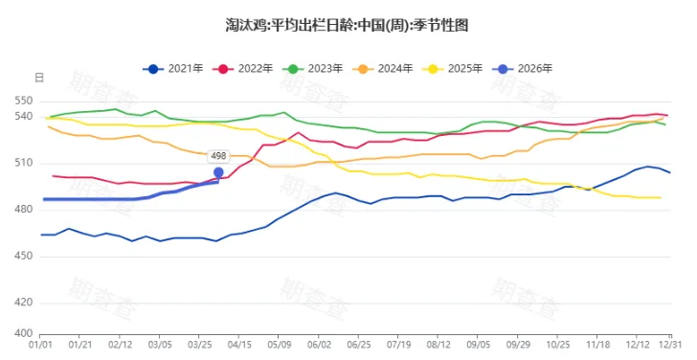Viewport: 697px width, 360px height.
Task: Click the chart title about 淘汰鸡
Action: (x=348, y=24)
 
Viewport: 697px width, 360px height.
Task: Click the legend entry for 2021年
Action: (x=173, y=69)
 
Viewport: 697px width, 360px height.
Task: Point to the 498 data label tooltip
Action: (x=218, y=155)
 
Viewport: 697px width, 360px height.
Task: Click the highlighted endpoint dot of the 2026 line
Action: (x=218, y=172)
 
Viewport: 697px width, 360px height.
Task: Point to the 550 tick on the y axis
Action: (x=24, y=101)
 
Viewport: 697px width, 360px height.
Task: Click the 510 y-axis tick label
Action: (x=24, y=163)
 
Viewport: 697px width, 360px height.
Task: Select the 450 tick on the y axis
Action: (x=24, y=256)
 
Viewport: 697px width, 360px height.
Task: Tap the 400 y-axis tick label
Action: (x=24, y=333)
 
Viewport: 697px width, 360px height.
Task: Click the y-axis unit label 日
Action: (x=38, y=77)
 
